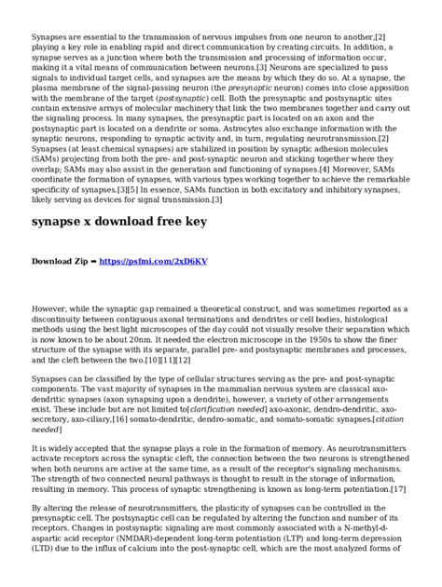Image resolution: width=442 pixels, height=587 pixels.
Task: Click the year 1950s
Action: [x=321, y=340]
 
